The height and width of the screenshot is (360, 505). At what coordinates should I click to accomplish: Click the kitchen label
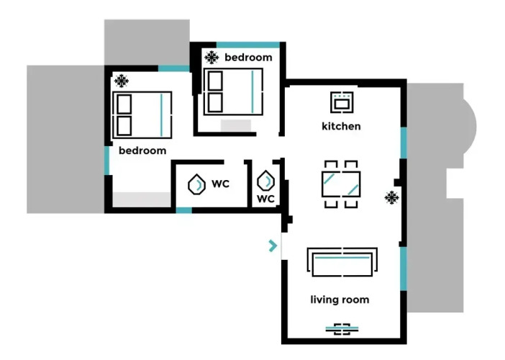click(x=341, y=126)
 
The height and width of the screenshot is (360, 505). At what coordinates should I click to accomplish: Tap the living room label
click(x=340, y=300)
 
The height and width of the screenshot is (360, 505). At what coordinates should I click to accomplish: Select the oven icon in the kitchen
click(x=342, y=102)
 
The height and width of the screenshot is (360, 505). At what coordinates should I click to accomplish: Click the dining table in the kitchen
click(x=341, y=184)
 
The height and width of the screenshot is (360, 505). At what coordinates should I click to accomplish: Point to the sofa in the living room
click(x=342, y=262)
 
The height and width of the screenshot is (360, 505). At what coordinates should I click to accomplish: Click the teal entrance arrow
click(x=273, y=246)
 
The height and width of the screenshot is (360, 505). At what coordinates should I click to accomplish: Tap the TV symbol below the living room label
click(x=342, y=329)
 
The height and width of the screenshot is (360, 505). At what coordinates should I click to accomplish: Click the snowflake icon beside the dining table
click(x=391, y=197)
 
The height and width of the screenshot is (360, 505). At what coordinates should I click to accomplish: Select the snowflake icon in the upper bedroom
click(x=211, y=58)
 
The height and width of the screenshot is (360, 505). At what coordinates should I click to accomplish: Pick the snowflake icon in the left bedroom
click(x=122, y=81)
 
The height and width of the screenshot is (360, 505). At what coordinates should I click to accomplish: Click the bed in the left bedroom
click(x=142, y=115)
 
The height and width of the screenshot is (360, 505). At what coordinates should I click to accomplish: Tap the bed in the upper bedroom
click(x=234, y=91)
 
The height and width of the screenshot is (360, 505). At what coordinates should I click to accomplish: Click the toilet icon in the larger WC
click(x=196, y=184)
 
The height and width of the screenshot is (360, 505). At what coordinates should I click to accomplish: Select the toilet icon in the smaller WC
click(x=266, y=181)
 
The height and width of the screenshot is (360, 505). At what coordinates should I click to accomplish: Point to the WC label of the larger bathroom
click(x=221, y=184)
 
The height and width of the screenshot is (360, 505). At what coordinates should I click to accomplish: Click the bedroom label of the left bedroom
click(x=142, y=150)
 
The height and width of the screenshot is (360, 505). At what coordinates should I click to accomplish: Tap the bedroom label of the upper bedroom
click(x=248, y=58)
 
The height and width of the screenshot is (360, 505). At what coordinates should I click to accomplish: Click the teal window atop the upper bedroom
click(x=248, y=45)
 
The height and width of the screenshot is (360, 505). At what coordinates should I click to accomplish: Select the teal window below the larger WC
click(x=184, y=210)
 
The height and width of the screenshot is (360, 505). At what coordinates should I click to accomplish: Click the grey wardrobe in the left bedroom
click(x=142, y=200)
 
